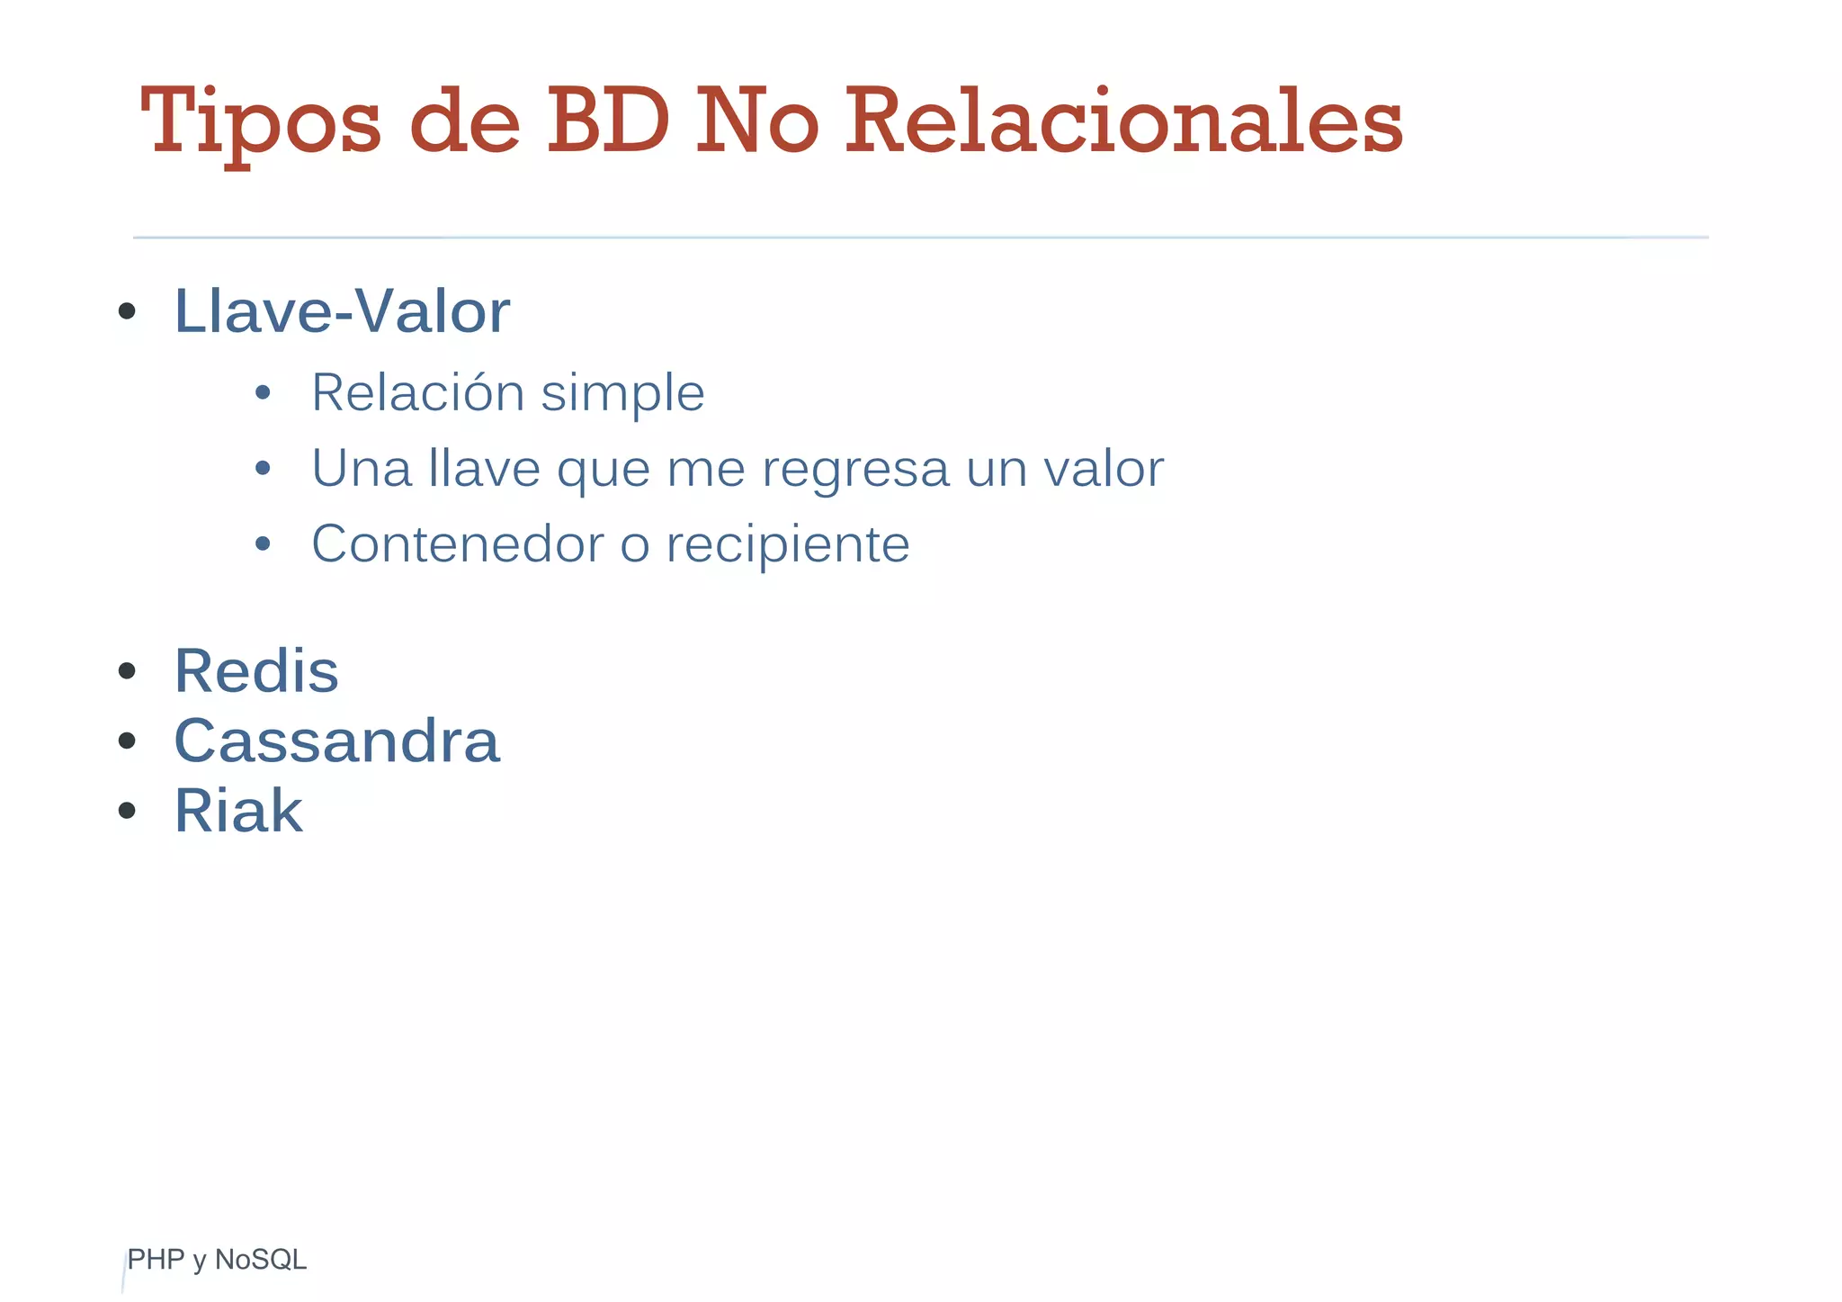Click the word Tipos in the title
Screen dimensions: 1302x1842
point(261,121)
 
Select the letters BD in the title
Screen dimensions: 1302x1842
point(608,121)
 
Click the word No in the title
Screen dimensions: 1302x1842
point(756,121)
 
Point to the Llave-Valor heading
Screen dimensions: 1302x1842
point(342,311)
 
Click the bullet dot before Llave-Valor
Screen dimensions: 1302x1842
point(127,312)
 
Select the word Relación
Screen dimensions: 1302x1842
point(417,392)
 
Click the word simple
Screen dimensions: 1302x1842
point(622,393)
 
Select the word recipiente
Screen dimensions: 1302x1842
point(787,544)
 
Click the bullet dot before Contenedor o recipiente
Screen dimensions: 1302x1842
point(263,543)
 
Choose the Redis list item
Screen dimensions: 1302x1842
point(256,671)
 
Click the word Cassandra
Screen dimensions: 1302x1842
point(336,741)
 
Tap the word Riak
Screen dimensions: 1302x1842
point(238,811)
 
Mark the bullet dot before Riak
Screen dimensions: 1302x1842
point(127,811)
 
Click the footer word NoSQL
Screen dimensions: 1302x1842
point(261,1260)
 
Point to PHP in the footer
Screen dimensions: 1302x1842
point(156,1260)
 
